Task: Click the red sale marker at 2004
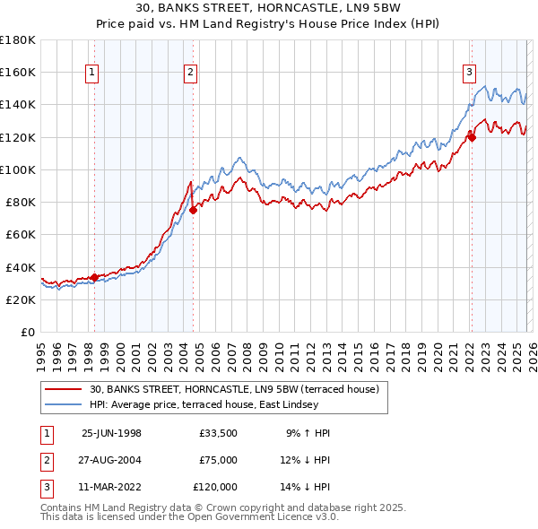[x=193, y=210]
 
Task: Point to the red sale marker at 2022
[x=472, y=137]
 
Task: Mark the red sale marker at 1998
[x=95, y=277]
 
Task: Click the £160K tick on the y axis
[x=18, y=72]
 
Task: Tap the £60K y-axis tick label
[x=21, y=234]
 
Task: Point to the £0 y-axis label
[x=29, y=332]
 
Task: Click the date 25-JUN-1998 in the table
[x=111, y=433]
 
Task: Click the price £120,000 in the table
[x=215, y=487]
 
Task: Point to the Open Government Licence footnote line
[x=190, y=517]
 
